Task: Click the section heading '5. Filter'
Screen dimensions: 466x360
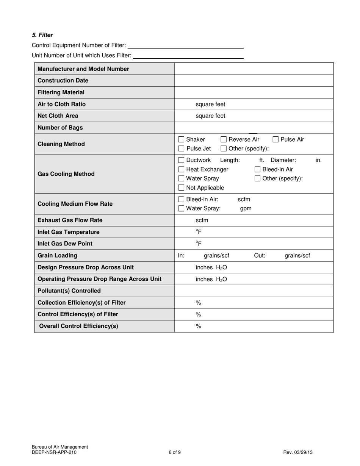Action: tap(42, 35)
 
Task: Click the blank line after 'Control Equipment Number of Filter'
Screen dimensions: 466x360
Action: tap(185, 45)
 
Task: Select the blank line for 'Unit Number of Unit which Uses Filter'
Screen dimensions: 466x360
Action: tap(188, 56)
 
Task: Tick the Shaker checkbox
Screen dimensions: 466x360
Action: tap(181, 139)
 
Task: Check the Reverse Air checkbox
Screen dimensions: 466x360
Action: tap(224, 139)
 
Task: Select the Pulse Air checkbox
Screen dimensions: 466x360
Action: tap(275, 139)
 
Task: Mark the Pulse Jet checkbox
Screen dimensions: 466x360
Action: tap(181, 149)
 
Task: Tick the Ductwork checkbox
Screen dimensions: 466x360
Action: tap(181, 160)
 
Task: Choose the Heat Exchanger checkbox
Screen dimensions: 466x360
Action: tap(181, 169)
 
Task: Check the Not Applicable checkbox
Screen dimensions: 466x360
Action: tap(181, 188)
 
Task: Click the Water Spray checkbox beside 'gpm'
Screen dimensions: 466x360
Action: tap(181, 208)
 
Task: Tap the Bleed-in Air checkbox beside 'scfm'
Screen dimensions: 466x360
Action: tap(181, 199)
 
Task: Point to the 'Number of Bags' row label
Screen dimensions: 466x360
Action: tap(60, 128)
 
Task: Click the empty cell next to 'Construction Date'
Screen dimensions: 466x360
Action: tap(254, 81)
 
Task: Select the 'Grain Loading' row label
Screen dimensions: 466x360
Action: tap(57, 255)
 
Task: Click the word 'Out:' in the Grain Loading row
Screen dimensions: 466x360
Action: tap(260, 255)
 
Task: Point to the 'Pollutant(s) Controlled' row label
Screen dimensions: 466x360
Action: tap(69, 291)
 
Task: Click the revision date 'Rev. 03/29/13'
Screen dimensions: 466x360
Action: tap(298, 452)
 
